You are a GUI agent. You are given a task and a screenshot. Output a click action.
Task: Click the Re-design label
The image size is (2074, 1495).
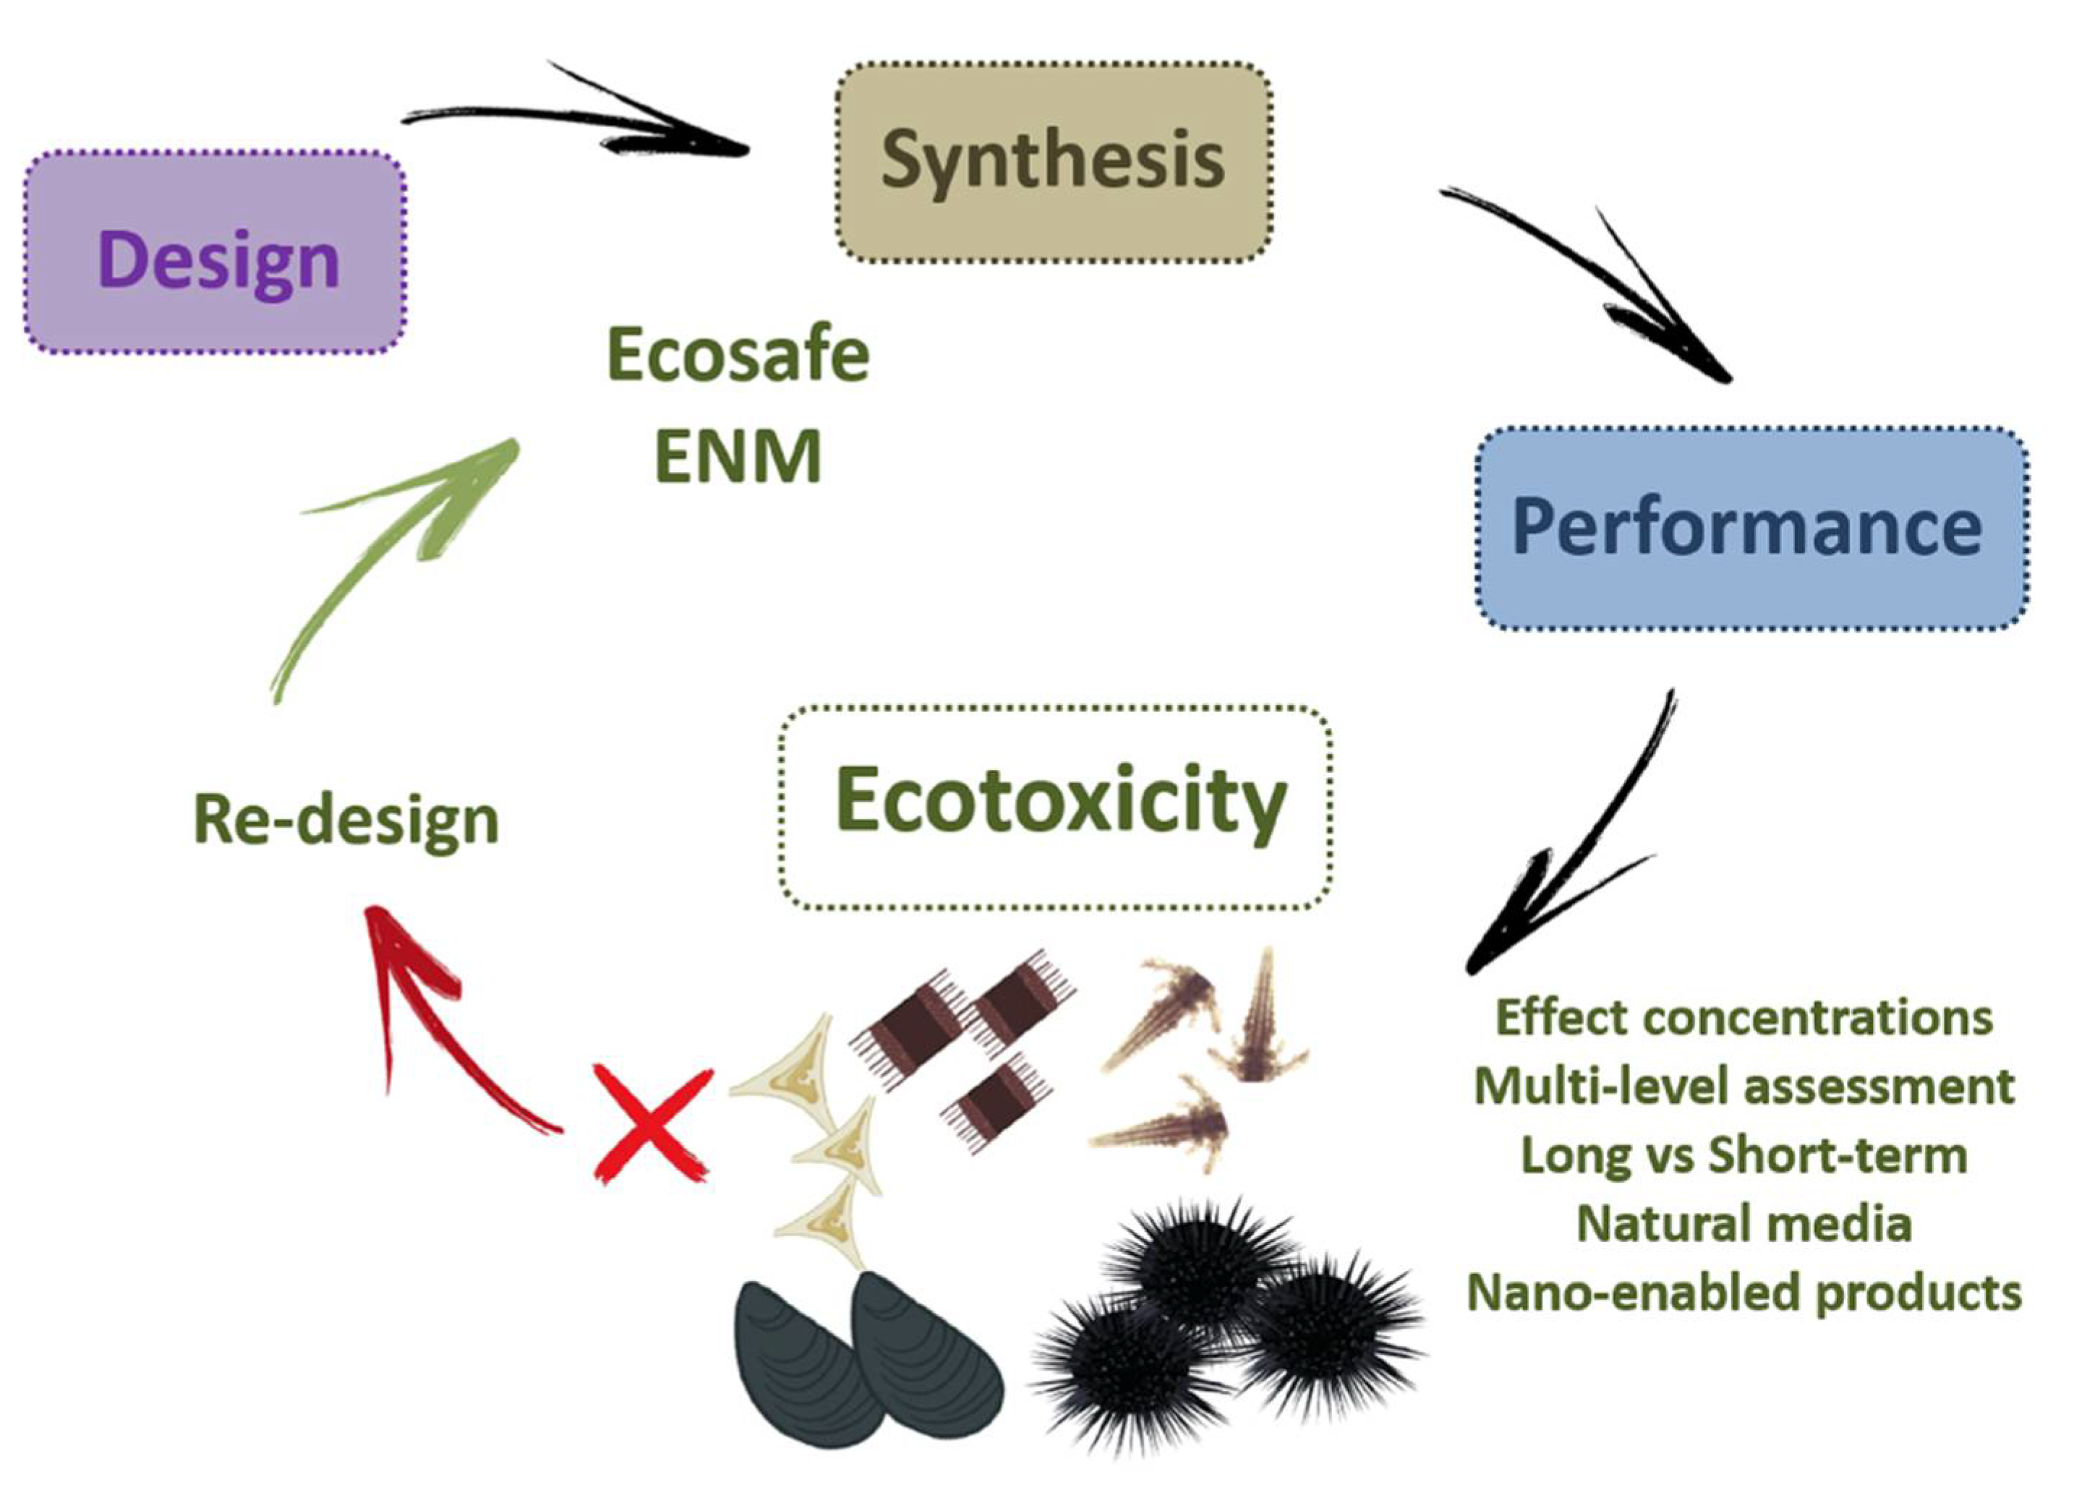346,821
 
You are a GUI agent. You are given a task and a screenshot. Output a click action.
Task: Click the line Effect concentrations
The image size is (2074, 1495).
1743,1018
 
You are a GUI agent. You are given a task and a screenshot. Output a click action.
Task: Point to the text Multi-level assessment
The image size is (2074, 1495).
1743,1087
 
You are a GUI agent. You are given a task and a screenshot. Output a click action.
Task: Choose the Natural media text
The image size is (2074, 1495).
1743,1223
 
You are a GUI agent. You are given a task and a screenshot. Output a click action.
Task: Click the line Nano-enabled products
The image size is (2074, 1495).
1743,1293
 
